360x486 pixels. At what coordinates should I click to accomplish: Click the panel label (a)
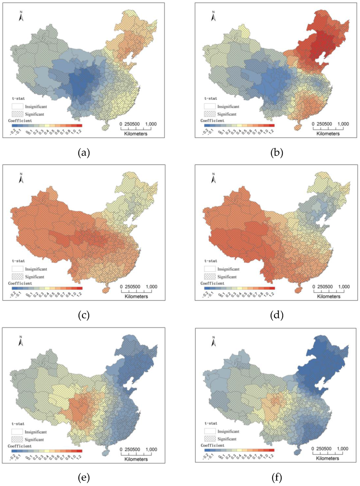(84, 153)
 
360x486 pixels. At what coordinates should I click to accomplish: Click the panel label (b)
(277, 153)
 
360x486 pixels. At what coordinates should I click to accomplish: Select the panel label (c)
(84, 315)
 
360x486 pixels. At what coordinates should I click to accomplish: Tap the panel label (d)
(277, 315)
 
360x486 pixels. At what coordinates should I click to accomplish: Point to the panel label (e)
(84, 478)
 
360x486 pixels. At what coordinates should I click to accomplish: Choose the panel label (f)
(277, 478)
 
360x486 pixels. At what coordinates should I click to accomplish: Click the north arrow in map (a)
(21, 17)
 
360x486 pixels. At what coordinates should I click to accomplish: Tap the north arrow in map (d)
(213, 179)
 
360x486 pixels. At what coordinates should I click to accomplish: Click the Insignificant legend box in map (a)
(18, 107)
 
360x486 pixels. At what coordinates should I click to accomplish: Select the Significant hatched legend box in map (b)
(210, 114)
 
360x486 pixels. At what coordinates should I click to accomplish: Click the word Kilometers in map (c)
(136, 296)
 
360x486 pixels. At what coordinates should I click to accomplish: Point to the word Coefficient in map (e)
(20, 446)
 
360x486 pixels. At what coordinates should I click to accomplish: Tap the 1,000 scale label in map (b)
(343, 124)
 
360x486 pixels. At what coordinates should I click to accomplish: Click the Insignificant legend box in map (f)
(210, 431)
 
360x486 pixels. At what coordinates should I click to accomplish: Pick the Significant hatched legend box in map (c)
(18, 277)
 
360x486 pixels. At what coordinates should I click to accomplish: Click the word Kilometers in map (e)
(136, 459)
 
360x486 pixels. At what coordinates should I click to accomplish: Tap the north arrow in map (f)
(213, 341)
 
